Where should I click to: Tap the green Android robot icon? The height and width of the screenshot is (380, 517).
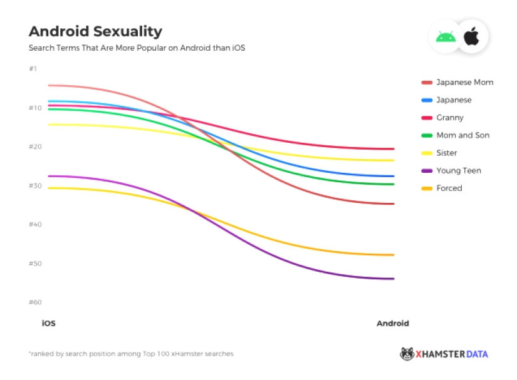point(446,37)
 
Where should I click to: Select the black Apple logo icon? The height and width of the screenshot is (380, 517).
point(471,37)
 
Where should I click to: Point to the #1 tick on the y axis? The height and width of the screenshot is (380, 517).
point(33,68)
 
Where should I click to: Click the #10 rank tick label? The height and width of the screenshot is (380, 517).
point(35,108)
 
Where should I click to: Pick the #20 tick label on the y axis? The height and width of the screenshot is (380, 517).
point(35,146)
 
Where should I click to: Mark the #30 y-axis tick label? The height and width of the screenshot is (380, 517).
point(35,186)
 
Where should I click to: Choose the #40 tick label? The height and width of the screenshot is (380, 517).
point(35,224)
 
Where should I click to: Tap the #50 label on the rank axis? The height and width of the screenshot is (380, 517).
point(35,264)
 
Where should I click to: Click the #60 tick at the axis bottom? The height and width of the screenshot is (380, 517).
point(35,302)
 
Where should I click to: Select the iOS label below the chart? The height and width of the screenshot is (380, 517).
point(49,324)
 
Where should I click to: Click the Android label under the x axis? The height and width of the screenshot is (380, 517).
point(392,324)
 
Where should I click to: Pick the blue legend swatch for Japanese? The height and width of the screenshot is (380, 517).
point(427,100)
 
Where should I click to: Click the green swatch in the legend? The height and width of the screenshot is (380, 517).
point(427,135)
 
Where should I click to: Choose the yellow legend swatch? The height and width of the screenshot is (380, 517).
point(427,153)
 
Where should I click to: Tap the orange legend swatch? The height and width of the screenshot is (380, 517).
point(427,188)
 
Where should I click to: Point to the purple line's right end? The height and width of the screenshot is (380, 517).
point(393,279)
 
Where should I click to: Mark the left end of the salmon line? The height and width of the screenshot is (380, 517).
point(50,85)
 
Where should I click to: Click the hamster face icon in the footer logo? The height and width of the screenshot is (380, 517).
point(407,354)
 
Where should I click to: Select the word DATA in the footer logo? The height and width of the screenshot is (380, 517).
point(476,354)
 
